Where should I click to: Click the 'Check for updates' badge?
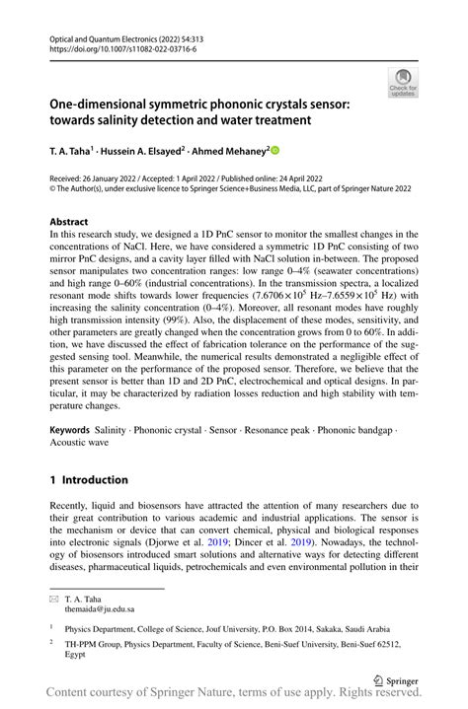[403, 84]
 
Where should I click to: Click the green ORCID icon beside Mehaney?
[274, 151]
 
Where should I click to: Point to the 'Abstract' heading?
[69, 222]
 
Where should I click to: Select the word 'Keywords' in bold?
[69, 431]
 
